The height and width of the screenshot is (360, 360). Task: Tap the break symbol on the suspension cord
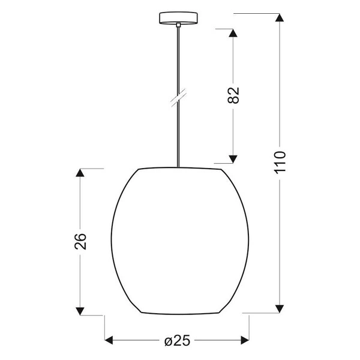(x=178, y=98)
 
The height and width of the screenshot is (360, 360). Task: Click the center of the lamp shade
(x=178, y=240)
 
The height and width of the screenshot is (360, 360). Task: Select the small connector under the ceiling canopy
(x=178, y=25)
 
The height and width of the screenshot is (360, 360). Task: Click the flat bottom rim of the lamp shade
(x=178, y=314)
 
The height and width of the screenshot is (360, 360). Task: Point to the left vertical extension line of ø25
(x=106, y=330)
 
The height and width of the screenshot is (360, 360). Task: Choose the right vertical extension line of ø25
(x=250, y=330)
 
